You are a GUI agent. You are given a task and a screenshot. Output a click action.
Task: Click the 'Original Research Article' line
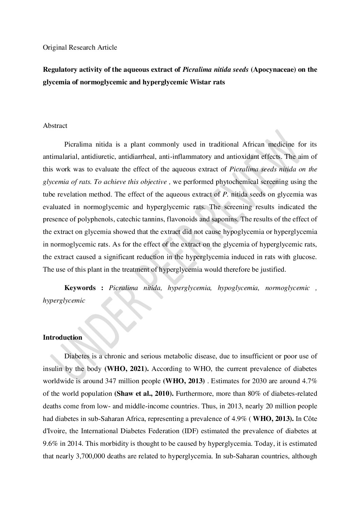point(80,47)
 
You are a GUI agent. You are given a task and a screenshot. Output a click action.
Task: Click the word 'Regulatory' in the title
point(58,70)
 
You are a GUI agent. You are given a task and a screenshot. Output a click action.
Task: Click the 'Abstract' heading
point(55,126)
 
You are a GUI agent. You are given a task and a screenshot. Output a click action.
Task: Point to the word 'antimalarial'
point(59,157)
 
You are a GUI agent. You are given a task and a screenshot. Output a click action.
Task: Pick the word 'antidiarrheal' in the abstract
point(150,157)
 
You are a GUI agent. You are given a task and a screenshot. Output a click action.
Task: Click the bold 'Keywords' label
point(80,288)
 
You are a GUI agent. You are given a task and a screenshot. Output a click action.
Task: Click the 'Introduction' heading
point(62,338)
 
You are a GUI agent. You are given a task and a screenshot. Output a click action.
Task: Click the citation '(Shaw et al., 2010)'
point(143,394)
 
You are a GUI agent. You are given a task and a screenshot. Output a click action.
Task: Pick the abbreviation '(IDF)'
point(190,431)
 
